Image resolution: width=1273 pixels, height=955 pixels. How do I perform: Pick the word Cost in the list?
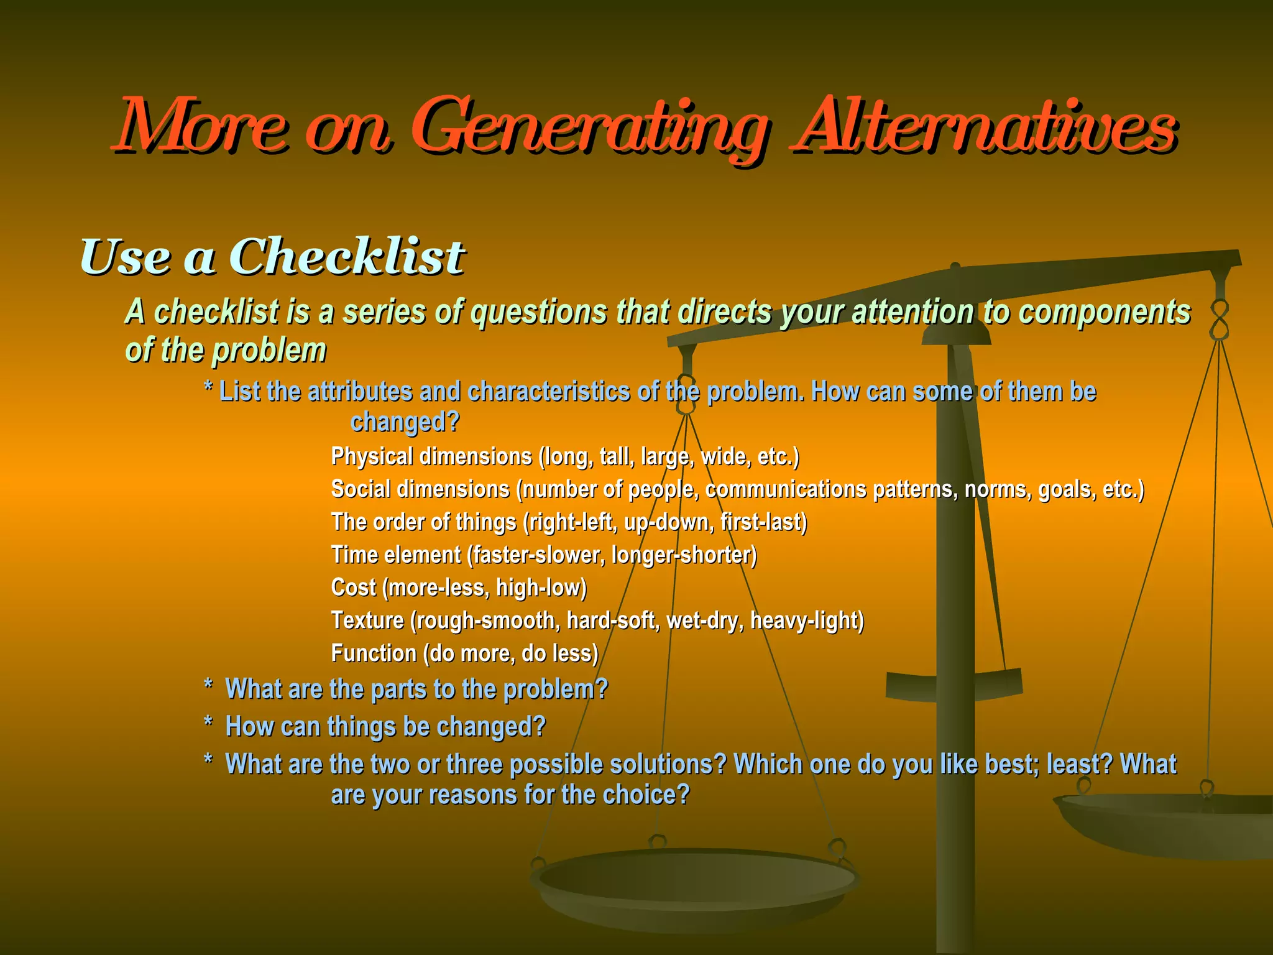[x=353, y=588]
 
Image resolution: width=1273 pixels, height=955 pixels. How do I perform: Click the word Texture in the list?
[x=367, y=621]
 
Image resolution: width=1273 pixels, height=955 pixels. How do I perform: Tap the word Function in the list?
[x=374, y=653]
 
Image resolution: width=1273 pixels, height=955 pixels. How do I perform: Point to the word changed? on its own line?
[x=405, y=422]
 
